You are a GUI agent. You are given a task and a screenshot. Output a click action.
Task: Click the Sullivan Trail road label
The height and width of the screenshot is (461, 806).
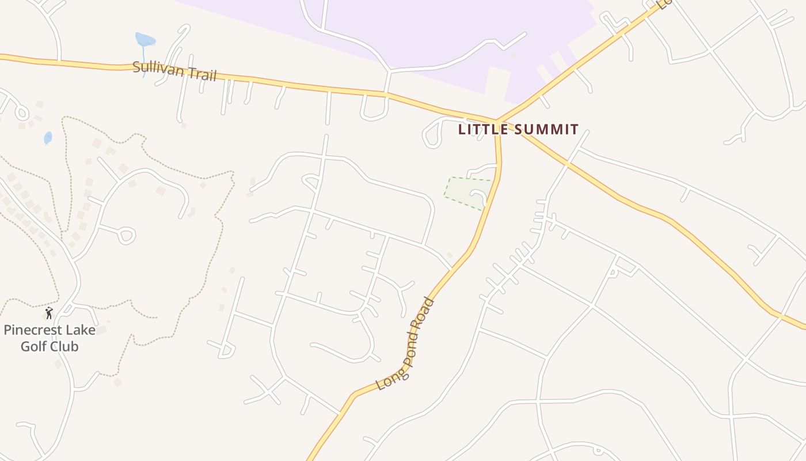(174, 71)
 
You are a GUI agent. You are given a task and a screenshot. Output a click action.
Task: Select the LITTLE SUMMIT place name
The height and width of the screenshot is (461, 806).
(518, 130)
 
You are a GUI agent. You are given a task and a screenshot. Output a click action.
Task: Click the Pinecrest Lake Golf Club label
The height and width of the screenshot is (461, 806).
(49, 338)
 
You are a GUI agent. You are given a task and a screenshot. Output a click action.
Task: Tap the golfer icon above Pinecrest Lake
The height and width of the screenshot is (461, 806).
(49, 313)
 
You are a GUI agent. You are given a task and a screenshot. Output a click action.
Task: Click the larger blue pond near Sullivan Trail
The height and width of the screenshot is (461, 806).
(145, 40)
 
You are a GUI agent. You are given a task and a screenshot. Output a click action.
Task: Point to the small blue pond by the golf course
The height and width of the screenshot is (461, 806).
(48, 138)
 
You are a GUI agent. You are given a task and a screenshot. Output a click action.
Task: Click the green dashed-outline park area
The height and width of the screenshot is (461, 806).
(467, 192)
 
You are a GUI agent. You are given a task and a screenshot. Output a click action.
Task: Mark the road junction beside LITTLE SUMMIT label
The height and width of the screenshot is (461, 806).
(496, 122)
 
